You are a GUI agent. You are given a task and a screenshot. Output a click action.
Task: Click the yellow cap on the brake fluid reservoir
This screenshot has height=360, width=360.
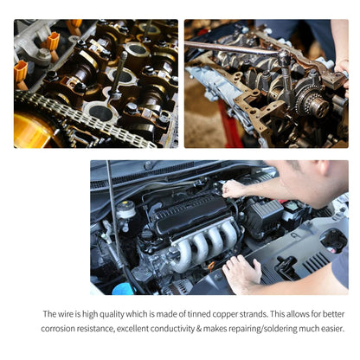tap(125, 204)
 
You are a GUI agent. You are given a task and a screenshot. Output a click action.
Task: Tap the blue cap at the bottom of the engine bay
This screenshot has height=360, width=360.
tap(123, 289)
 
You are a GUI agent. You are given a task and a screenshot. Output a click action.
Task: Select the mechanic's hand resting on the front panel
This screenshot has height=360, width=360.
tap(241, 273)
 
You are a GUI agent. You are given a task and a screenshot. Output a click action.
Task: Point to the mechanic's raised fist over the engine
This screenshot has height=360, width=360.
tap(233, 190)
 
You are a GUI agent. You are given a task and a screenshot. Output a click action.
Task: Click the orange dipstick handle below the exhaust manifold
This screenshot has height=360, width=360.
tap(211, 266)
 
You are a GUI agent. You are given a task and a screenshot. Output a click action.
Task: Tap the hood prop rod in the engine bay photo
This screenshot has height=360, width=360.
tap(115, 219)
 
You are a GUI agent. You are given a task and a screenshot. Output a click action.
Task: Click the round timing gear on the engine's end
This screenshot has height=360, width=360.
tap(313, 101)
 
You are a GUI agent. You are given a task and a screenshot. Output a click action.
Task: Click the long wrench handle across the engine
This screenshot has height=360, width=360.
tap(231, 48)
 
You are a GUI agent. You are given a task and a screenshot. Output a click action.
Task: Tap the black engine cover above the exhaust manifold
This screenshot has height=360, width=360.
tap(191, 214)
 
